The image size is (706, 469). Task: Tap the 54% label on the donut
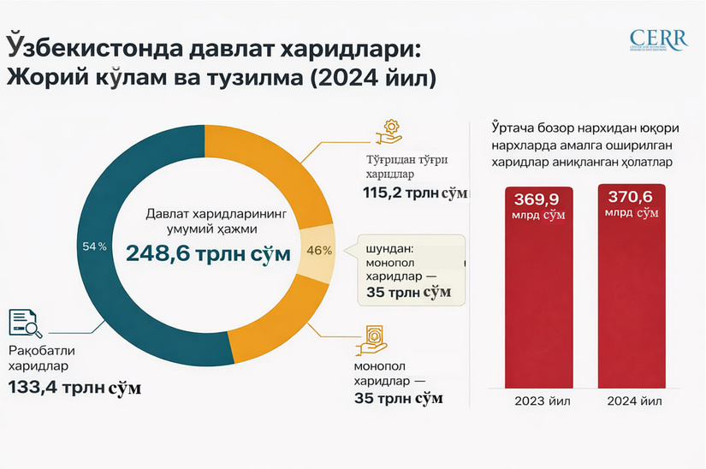pos(94,246)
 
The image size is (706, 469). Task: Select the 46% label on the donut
pos(318,251)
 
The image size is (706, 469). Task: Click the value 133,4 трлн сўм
pos(74,387)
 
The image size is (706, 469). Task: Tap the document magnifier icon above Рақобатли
pos(26,323)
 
